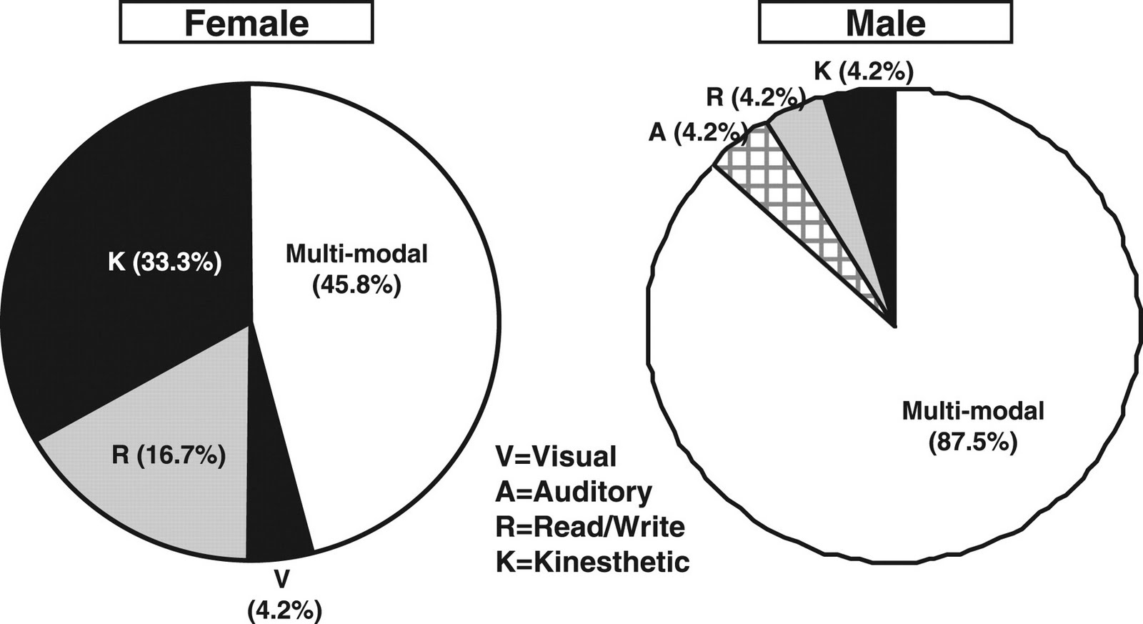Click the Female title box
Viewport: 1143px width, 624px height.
(246, 23)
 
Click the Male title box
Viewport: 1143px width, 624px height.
(885, 23)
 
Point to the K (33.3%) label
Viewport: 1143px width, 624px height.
(165, 263)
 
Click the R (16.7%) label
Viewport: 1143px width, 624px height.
(169, 455)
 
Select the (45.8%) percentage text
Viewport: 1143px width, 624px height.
(356, 286)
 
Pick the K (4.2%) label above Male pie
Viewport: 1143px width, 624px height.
(863, 72)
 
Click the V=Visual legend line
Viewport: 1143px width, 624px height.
(555, 456)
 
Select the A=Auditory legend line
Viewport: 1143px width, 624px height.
(573, 492)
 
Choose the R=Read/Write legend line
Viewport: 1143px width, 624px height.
(590, 528)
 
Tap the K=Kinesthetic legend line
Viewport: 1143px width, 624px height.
(592, 563)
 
